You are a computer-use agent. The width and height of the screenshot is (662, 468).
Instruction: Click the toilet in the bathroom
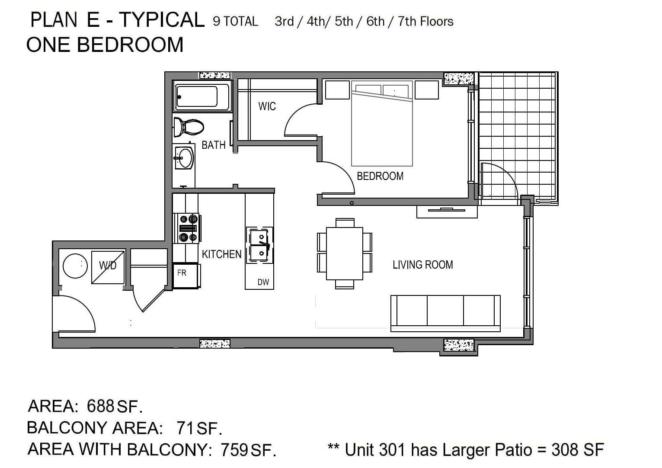pos(189,128)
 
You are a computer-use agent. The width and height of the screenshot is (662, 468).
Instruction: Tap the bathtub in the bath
pos(202,96)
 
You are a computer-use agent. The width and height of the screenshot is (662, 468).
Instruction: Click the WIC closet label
pos(267,106)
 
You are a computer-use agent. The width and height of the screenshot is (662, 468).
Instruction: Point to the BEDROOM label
pos(380,176)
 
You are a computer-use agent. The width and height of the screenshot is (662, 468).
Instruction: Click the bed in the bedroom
pos(382,124)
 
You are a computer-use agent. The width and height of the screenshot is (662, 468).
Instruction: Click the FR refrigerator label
pos(182,273)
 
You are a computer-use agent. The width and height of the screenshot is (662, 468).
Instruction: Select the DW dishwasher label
pos(263,282)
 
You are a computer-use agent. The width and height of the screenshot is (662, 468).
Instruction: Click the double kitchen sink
pos(259,245)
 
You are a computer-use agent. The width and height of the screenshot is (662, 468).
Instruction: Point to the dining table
pos(345,253)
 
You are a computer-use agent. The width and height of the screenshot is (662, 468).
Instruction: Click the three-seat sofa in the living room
pos(445,314)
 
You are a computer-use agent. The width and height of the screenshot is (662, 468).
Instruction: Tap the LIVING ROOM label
pos(422,265)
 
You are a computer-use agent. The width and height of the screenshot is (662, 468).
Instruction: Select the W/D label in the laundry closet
pos(108,266)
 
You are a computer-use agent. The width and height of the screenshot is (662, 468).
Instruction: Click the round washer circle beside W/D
pos(75,266)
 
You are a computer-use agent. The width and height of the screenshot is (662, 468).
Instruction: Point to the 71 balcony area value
pos(185,428)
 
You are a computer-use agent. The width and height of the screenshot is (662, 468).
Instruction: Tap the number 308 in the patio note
pos(565,450)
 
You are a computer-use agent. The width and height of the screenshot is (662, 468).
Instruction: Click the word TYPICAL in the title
pos(162,20)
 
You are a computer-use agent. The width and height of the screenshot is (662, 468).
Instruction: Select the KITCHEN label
pos(222,254)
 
